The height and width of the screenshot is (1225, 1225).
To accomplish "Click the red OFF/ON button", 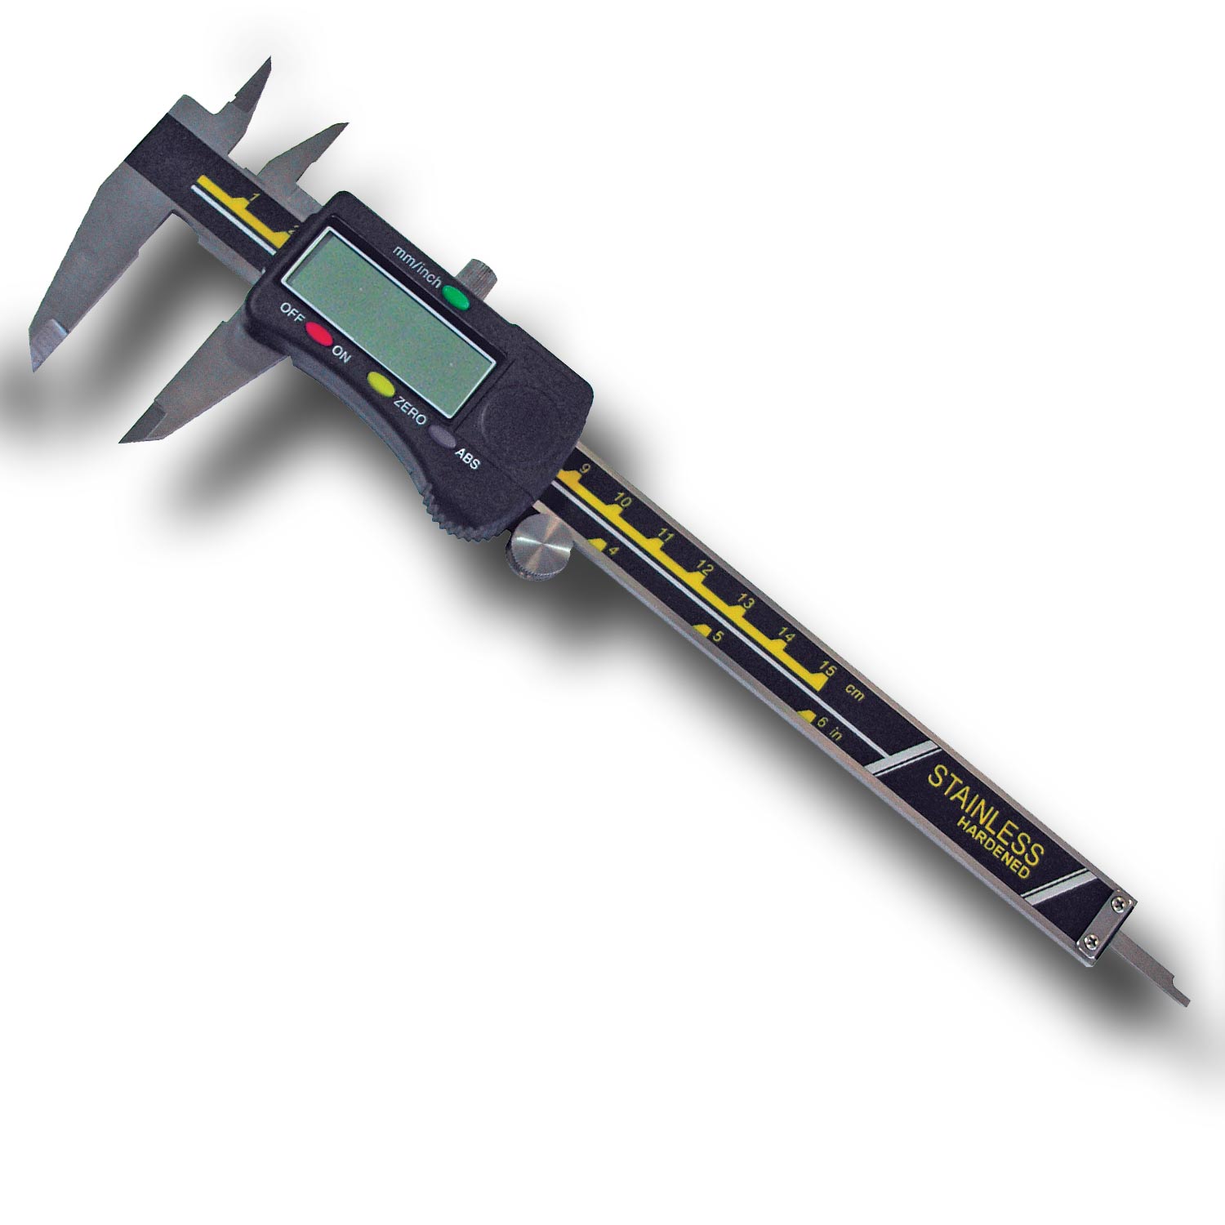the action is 318,335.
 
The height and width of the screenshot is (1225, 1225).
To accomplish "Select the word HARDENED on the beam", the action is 994,847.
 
